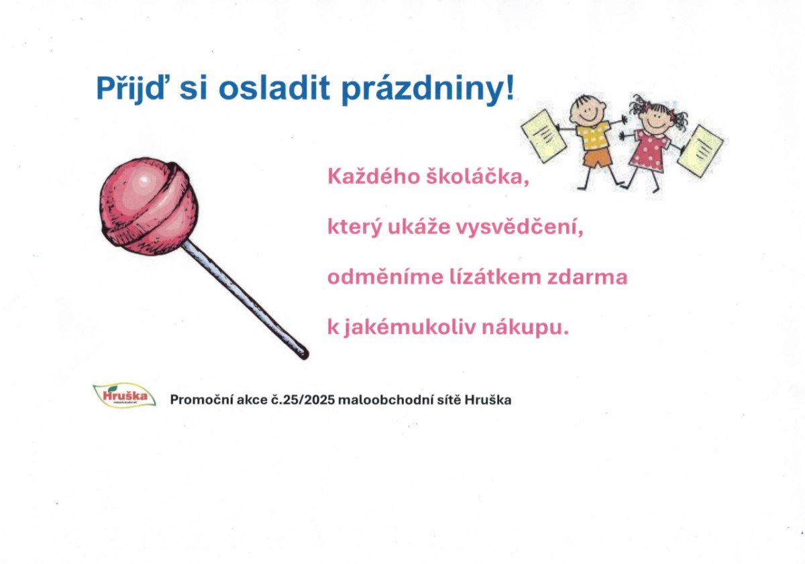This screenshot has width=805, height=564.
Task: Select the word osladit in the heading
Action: (x=274, y=88)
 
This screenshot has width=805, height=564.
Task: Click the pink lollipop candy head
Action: (x=149, y=206)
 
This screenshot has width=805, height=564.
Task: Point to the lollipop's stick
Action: (x=245, y=300)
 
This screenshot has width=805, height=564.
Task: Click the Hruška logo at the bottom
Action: (x=124, y=395)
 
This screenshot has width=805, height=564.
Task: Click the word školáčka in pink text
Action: (x=478, y=177)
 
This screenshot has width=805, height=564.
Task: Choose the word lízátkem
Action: (x=496, y=277)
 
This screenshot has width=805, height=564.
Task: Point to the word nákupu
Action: (x=526, y=328)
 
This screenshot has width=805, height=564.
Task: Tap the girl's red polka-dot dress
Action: (x=651, y=150)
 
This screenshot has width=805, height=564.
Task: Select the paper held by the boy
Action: (x=544, y=136)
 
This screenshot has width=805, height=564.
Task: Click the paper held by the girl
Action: (x=700, y=151)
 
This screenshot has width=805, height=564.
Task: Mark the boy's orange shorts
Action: (x=598, y=158)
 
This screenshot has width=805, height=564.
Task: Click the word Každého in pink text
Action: (x=374, y=177)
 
